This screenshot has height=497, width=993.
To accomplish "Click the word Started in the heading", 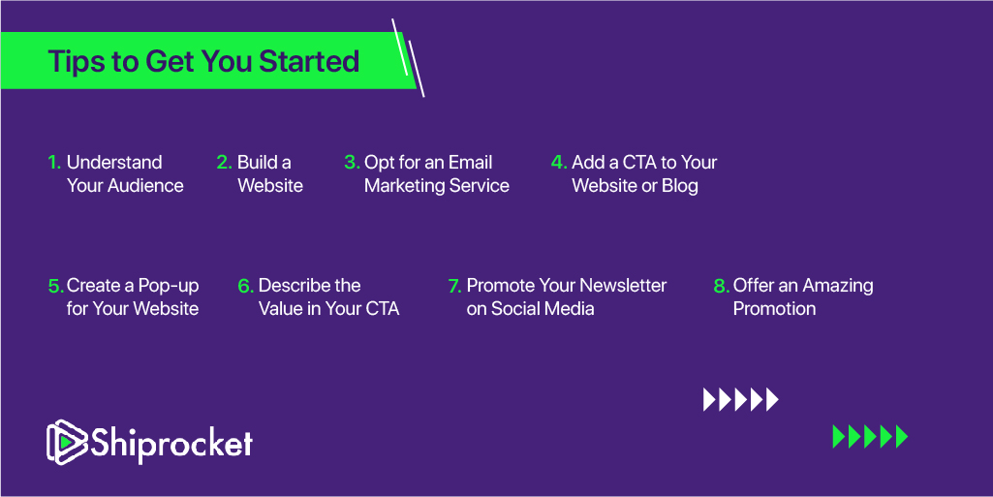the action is [x=309, y=61].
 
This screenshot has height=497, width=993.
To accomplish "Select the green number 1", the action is [x=54, y=163].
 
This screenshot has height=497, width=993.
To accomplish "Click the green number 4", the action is [x=559, y=163].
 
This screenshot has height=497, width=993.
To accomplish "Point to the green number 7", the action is [x=454, y=286].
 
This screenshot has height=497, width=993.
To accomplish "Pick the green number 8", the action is [x=722, y=286].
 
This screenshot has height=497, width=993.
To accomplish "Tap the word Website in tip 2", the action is [x=270, y=185].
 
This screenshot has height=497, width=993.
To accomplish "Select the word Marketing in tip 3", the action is [x=405, y=186].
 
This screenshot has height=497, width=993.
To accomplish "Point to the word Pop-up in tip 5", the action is [x=169, y=286].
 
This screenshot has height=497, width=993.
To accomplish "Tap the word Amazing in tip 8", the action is [x=838, y=286].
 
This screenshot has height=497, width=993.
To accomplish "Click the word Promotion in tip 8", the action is [x=774, y=309].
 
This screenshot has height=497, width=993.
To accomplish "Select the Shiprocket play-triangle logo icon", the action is [x=67, y=442].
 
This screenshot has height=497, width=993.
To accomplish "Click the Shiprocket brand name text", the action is [x=171, y=442].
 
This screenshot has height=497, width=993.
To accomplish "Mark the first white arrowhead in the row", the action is [x=709, y=399].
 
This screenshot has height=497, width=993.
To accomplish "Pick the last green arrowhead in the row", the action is [x=902, y=437].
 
